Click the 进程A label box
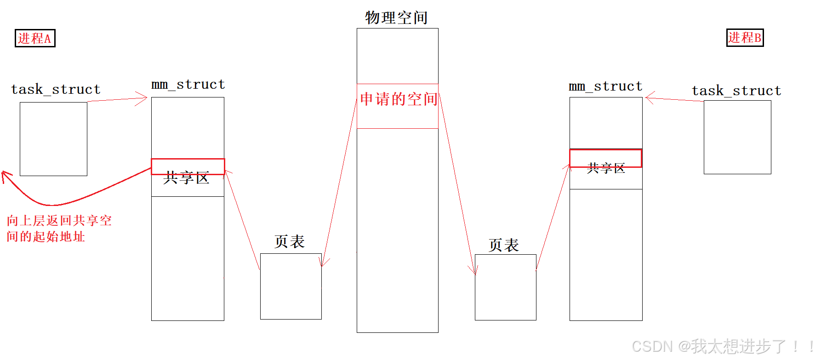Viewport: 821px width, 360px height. pyautogui.click(x=35, y=38)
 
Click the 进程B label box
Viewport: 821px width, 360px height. pyautogui.click(x=745, y=37)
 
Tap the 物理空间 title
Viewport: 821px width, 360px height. pyautogui.click(x=396, y=18)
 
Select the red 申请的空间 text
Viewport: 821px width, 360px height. pyautogui.click(x=398, y=99)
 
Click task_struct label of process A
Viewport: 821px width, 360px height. pyautogui.click(x=56, y=89)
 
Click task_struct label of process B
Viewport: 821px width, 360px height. pyautogui.click(x=736, y=91)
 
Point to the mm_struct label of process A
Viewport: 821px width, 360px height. pyautogui.click(x=188, y=85)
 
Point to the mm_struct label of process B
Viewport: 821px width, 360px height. pyautogui.click(x=605, y=86)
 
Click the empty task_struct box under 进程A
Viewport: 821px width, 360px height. pyautogui.click(x=53, y=139)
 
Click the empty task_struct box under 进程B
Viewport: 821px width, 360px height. pyautogui.click(x=737, y=137)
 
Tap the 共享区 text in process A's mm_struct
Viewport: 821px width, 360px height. pyautogui.click(x=186, y=178)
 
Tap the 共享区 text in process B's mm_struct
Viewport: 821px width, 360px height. pyautogui.click(x=606, y=168)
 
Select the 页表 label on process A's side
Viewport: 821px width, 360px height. pyautogui.click(x=290, y=242)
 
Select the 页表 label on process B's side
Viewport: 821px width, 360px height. pyautogui.click(x=504, y=245)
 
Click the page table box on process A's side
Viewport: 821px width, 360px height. pyautogui.click(x=291, y=286)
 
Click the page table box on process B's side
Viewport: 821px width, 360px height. pyautogui.click(x=505, y=287)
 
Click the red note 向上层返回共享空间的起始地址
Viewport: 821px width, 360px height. pyautogui.click(x=59, y=229)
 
